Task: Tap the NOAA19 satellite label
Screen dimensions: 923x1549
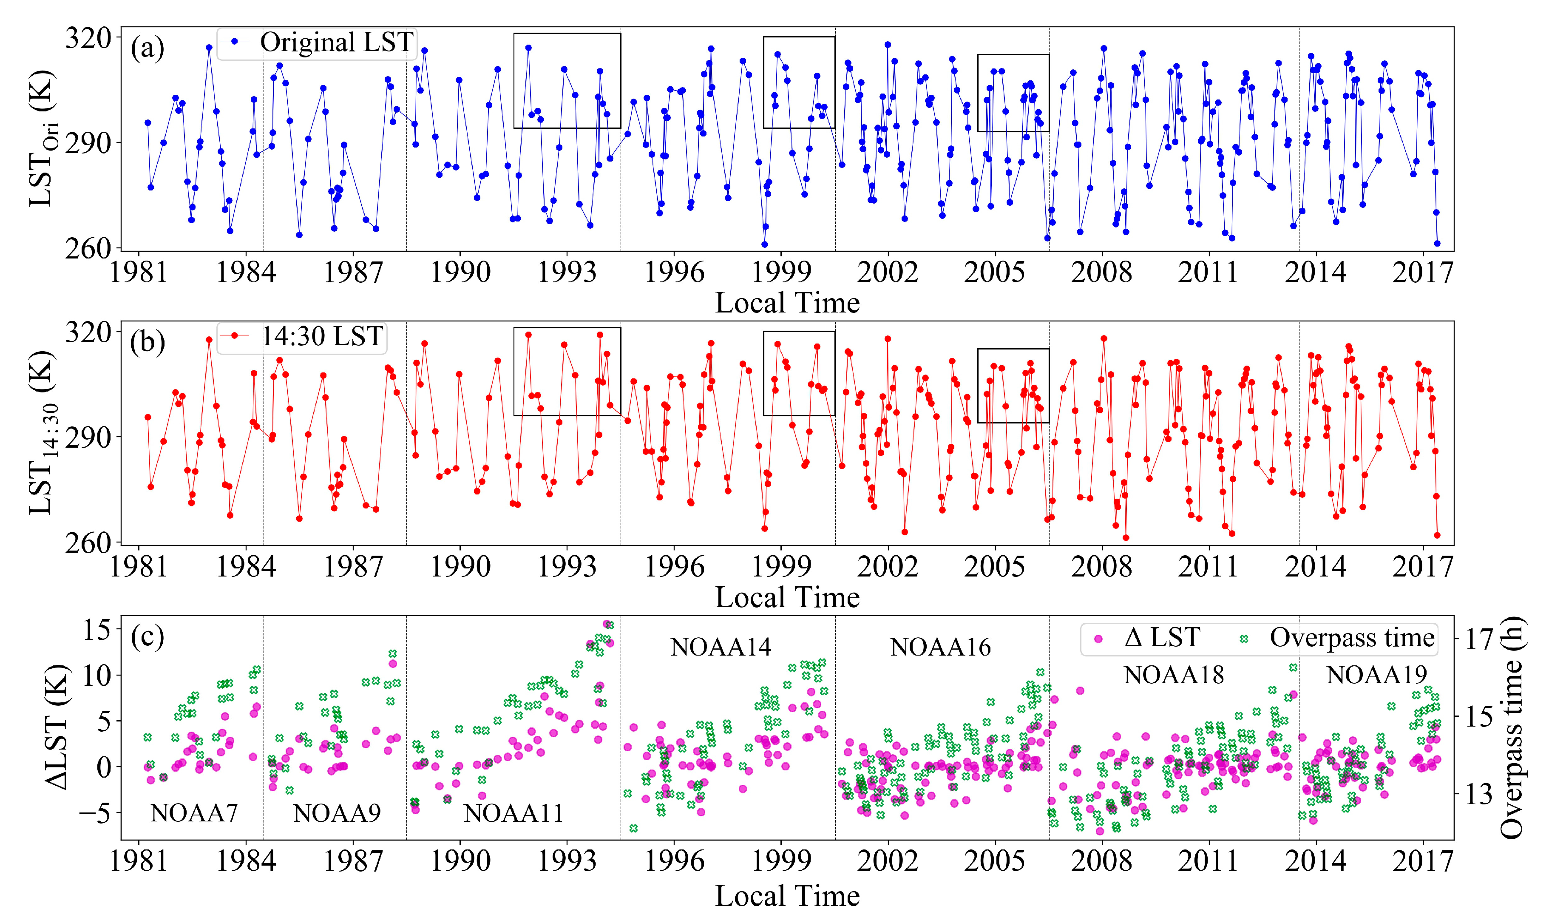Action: pos(1377,675)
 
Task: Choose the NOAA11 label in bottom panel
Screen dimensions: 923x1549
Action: pos(513,813)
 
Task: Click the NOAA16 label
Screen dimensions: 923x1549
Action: pos(940,648)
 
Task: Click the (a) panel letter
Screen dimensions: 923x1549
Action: pos(148,48)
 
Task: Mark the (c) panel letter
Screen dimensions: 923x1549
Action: pos(148,637)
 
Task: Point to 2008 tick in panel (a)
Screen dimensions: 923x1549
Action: pos(1102,273)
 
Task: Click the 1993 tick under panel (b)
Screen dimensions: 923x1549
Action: pos(567,567)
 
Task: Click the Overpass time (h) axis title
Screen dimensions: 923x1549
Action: pos(1512,728)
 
